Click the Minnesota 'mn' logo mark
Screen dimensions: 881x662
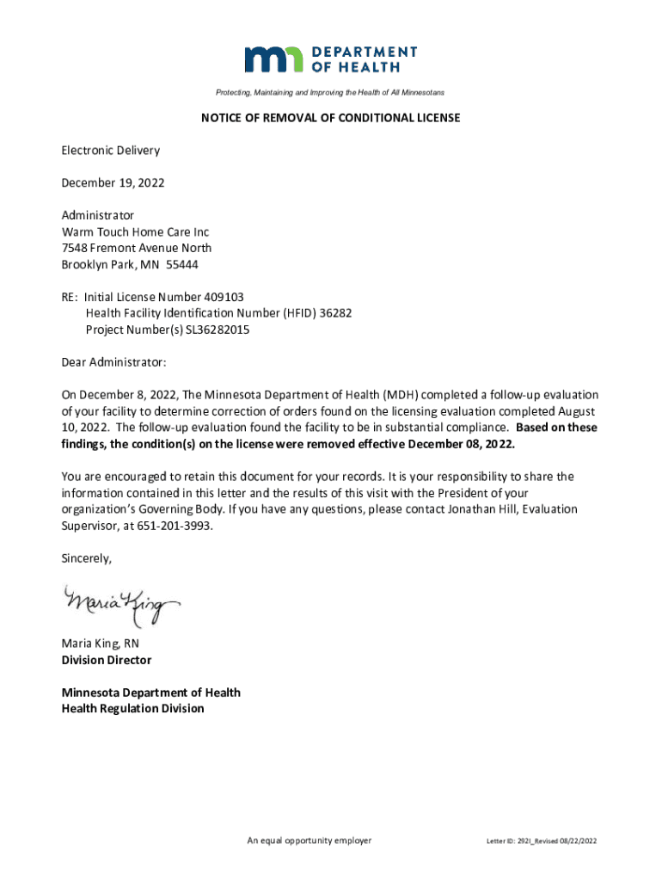coord(274,59)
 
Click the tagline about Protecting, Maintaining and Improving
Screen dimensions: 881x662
coord(330,92)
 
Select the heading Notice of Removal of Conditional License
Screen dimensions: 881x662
coord(330,118)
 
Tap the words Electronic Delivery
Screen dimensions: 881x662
coord(110,151)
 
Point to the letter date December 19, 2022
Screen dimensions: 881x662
coord(113,183)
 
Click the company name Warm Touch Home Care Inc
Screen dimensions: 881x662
coord(135,232)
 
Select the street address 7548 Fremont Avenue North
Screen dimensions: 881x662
coord(136,249)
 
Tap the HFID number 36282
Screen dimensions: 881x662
coord(335,313)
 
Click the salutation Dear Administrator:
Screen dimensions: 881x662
coord(113,362)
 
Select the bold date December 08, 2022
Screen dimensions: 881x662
coord(461,444)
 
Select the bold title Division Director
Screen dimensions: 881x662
coord(106,660)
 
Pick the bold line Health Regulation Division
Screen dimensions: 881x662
coord(132,709)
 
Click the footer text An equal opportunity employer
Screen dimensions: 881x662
coord(309,841)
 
